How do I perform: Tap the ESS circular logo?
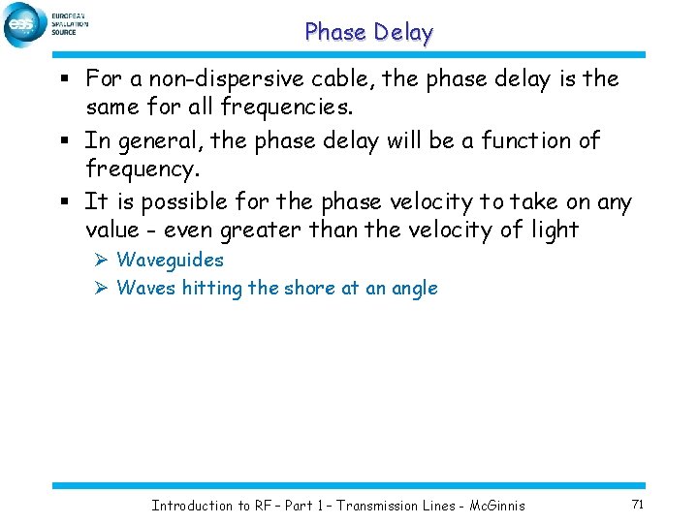click(23, 24)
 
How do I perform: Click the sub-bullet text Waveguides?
click(170, 260)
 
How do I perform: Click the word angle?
click(413, 289)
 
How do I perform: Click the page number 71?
click(637, 504)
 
